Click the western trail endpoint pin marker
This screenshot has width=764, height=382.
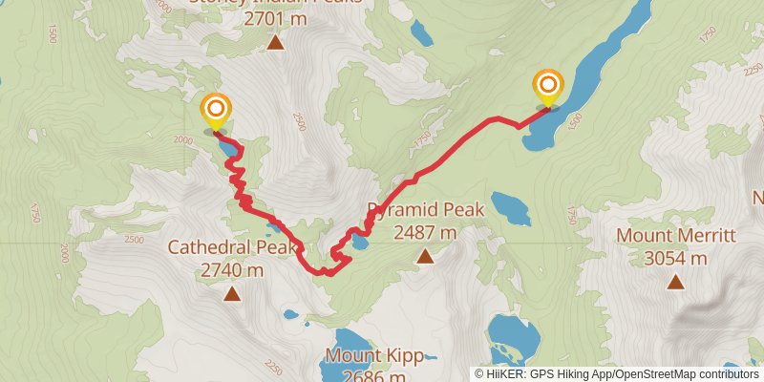pos(216,110)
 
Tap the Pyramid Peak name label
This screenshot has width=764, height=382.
pos(427,210)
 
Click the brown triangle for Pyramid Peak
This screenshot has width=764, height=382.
pos(425,255)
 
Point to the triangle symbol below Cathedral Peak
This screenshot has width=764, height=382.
pos(232,294)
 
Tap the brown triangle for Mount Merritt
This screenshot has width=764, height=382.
pos(676,281)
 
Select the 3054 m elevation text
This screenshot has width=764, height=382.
pos(675,258)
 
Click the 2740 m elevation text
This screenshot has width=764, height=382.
pos(232,270)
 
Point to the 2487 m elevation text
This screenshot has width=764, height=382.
pos(425,232)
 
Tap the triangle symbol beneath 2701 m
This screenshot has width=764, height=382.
pos(276,41)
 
